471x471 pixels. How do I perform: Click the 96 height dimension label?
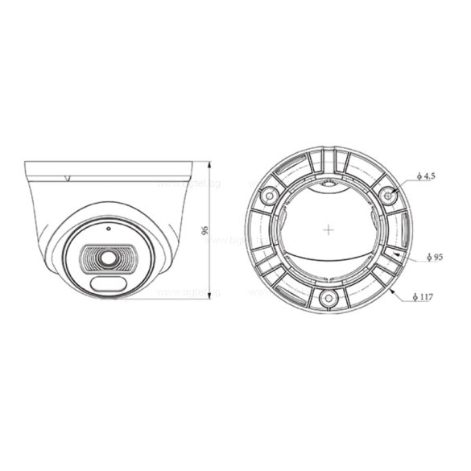tap(206, 230)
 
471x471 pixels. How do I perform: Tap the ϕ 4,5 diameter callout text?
tap(427, 175)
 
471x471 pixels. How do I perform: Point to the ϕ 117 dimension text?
tap(426, 297)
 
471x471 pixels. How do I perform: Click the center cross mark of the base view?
tap(328, 229)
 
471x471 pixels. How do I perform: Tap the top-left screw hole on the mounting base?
tap(266, 194)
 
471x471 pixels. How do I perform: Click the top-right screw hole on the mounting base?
tap(390, 194)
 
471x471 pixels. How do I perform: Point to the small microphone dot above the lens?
tap(107, 228)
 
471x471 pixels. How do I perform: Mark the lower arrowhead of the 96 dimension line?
tap(210, 295)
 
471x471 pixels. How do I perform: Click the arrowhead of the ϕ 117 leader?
tap(392, 291)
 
